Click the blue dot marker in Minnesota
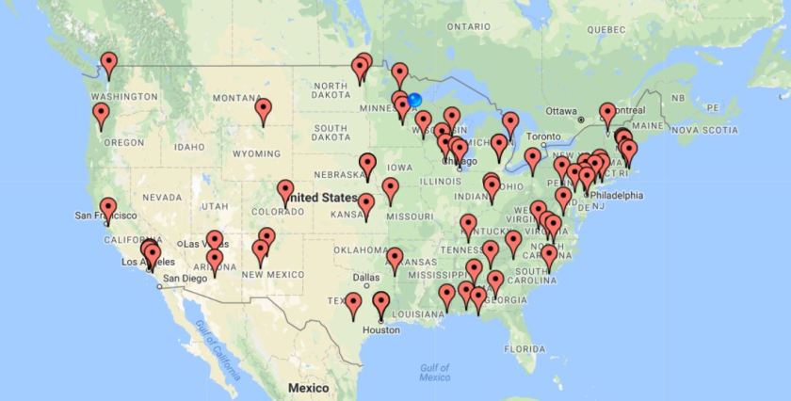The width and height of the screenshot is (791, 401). tap(414, 100)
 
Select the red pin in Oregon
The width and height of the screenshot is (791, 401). tap(101, 116)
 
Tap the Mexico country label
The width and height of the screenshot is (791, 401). tap(308, 388)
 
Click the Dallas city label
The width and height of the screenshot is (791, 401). tap(365, 277)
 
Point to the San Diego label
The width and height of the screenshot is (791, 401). tap(185, 278)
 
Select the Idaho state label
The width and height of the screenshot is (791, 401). tap(189, 146)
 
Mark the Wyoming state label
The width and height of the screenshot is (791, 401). tap(250, 152)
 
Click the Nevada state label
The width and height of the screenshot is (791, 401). tap(162, 198)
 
